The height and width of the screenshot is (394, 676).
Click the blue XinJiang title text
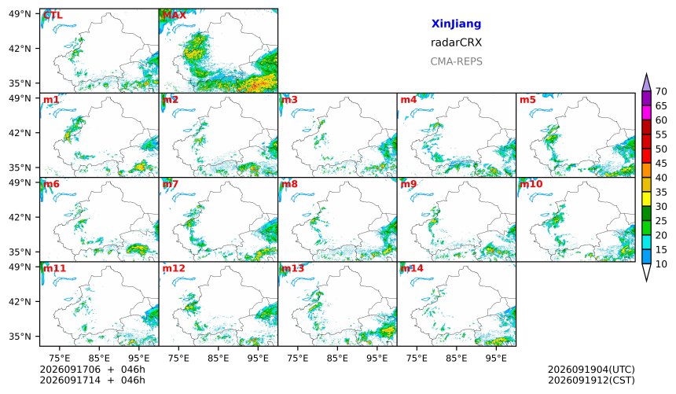pos(456,24)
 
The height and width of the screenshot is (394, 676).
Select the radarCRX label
pos(456,42)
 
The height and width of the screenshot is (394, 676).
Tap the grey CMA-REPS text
pos(456,61)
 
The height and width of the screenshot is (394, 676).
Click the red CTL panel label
pos(53,15)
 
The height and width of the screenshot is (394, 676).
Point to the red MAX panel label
pos(175,15)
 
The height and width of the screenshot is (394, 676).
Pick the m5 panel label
pos(527,100)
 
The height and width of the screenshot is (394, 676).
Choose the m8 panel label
pos(289,184)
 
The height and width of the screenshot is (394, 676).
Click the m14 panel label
pos(412,268)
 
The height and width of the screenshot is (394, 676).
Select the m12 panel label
pos(174,268)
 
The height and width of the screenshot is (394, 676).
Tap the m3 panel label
pos(289,100)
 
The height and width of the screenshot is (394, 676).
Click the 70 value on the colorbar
pos(661,91)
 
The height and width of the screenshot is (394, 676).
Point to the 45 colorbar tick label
pos(661,163)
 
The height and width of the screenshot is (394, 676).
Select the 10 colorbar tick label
pos(661,264)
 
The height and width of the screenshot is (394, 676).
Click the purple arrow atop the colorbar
pos(646,83)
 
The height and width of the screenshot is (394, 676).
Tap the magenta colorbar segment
pos(646,113)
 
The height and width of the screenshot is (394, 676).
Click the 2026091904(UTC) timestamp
pos(591,370)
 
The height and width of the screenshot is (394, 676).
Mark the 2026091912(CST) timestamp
pos(591,380)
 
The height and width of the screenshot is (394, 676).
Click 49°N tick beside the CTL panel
pos(20,14)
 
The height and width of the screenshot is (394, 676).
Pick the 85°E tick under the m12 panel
pos(219,358)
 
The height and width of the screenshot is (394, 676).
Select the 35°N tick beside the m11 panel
pos(20,336)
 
